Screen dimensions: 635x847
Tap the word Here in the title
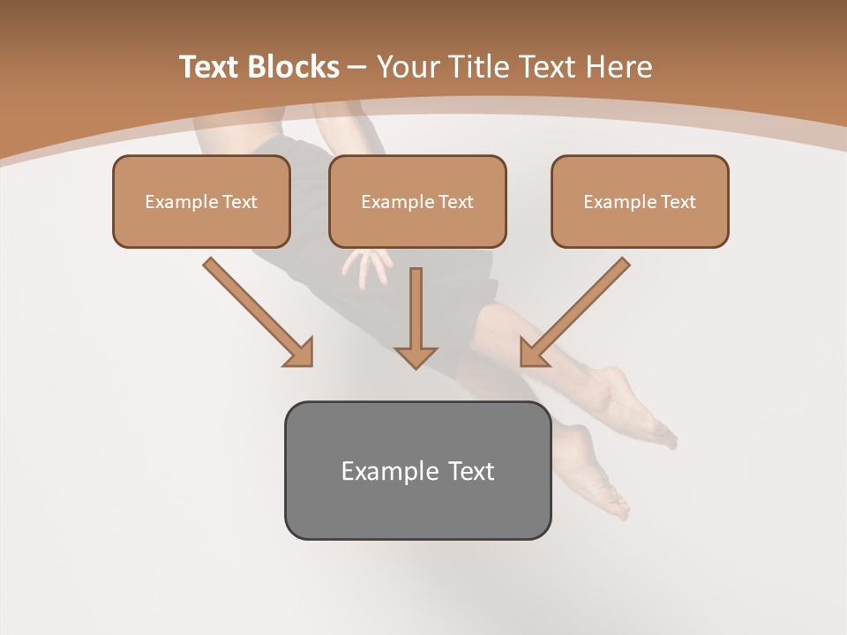(620, 67)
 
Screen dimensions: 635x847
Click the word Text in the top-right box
(678, 202)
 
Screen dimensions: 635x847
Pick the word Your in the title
(409, 67)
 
